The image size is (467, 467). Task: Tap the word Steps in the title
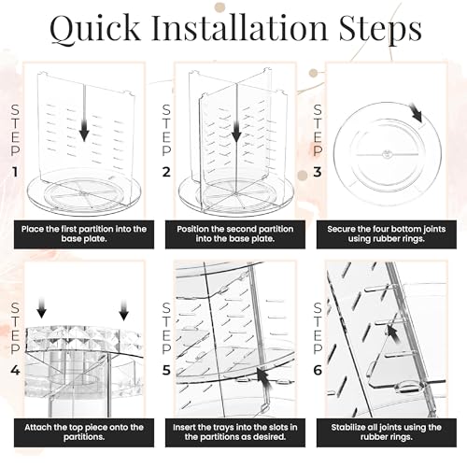(x=380, y=30)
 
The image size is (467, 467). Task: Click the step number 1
(x=15, y=172)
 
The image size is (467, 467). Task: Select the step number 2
(x=166, y=172)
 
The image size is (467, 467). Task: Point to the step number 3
(x=318, y=172)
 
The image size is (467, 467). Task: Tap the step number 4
(x=15, y=371)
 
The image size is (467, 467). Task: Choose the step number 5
(x=166, y=371)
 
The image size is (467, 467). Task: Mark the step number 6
(x=318, y=371)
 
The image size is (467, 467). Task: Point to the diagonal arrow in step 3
(x=416, y=113)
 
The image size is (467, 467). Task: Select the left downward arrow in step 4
(x=41, y=308)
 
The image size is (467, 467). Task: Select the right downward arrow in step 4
(x=124, y=310)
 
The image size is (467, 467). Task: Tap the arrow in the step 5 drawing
(x=264, y=379)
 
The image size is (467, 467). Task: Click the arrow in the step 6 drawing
(x=393, y=334)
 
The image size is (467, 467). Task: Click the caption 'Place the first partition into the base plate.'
(x=84, y=234)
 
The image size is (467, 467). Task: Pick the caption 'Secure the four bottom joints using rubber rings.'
(x=387, y=234)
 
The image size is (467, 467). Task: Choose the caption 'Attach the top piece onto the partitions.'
(x=84, y=432)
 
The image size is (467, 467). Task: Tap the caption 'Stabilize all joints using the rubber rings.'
(x=387, y=432)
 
